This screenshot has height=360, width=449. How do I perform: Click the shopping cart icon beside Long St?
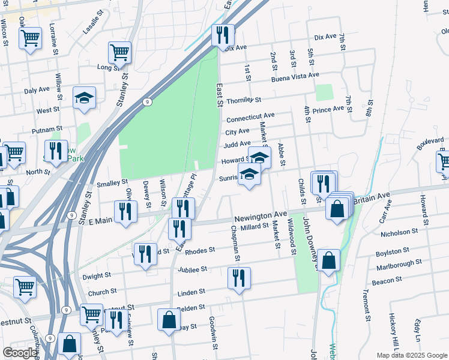[x=120, y=52]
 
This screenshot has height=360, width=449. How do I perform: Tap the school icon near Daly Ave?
[x=85, y=98]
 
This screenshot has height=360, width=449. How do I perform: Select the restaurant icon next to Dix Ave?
[x=223, y=35]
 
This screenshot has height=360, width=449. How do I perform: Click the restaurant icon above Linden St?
[x=240, y=278]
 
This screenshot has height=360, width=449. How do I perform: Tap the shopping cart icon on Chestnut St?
[x=91, y=314]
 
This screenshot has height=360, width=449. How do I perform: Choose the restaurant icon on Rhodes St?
[x=145, y=254]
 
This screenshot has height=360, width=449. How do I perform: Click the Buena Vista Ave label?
[x=295, y=76]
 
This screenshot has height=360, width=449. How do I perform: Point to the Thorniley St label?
[x=244, y=100]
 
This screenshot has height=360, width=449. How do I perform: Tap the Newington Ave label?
[x=261, y=215]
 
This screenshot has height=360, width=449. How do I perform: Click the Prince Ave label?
[x=328, y=109]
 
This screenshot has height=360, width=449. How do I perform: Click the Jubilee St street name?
[x=192, y=269]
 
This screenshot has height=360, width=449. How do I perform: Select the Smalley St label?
[x=112, y=181]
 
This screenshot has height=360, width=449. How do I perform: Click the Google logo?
[x=20, y=353]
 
